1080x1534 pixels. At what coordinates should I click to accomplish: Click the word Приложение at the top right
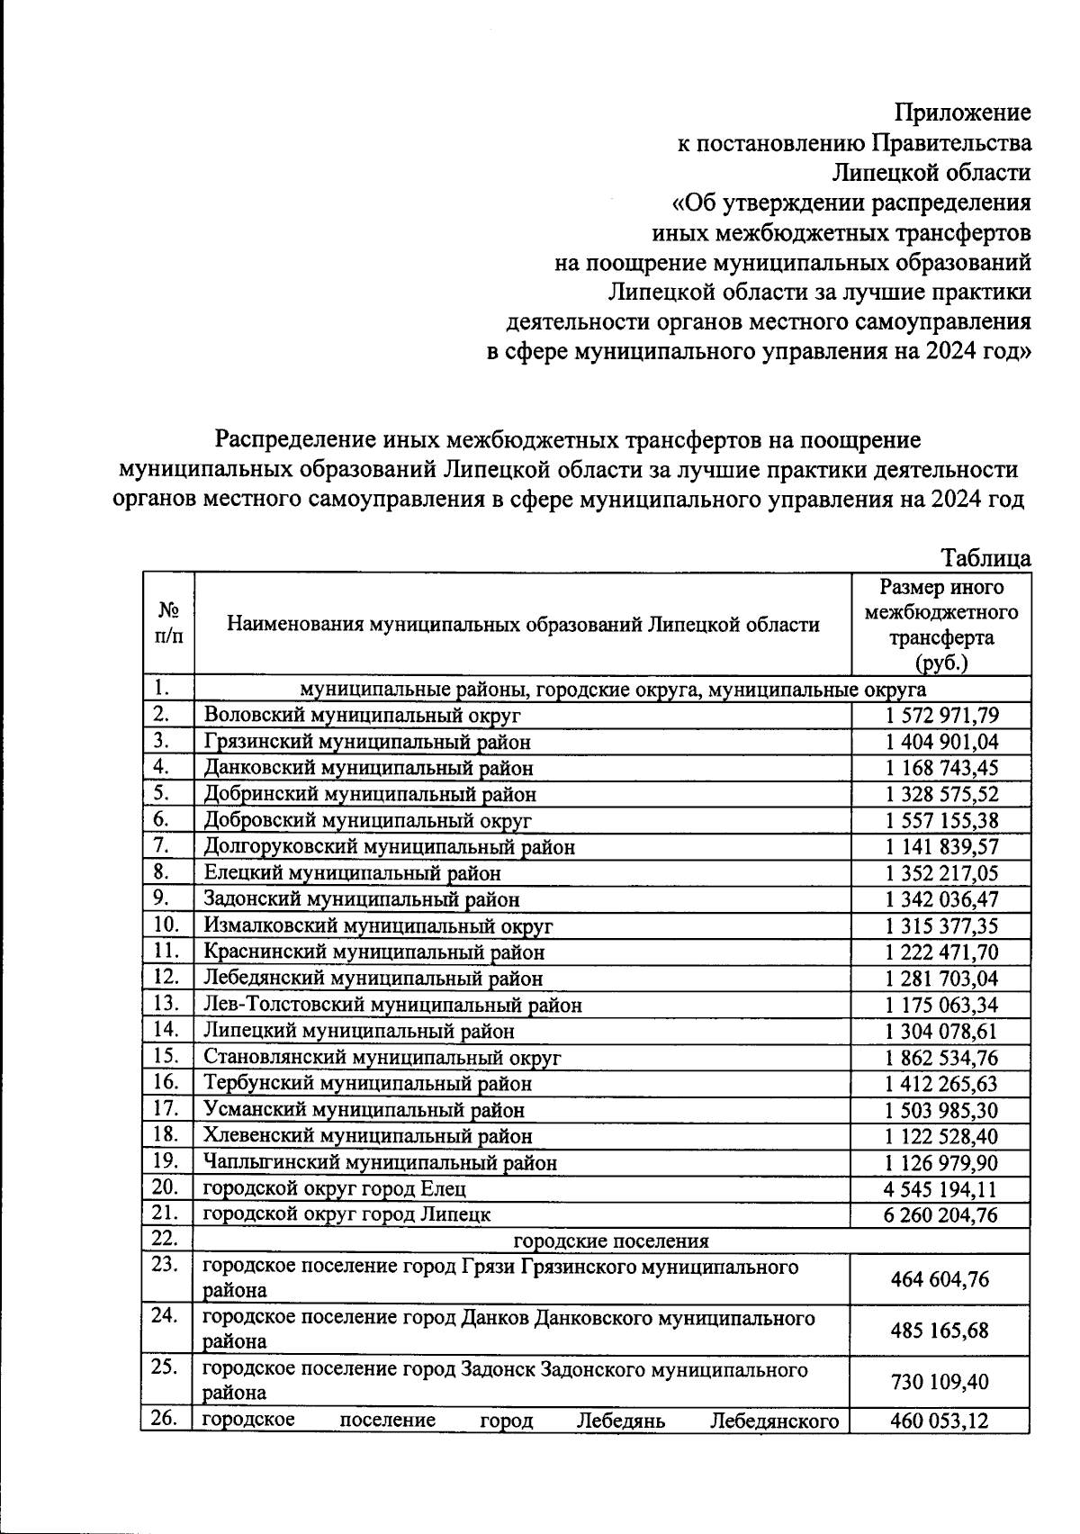[x=962, y=113]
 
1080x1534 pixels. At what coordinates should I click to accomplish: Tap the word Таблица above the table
[x=985, y=558]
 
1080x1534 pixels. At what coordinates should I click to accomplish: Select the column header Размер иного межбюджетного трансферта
[x=941, y=625]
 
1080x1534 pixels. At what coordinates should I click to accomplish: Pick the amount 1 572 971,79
[x=941, y=716]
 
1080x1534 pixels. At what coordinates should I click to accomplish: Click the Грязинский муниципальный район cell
[x=367, y=742]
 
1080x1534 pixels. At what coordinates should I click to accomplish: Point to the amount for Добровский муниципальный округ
[x=941, y=820]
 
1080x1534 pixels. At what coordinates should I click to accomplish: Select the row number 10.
[x=166, y=925]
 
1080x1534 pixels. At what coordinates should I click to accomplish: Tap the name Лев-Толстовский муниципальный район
[x=392, y=1005]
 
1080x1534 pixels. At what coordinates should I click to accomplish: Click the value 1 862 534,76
[x=941, y=1058]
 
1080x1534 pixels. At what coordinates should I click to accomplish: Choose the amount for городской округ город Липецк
[x=941, y=1215]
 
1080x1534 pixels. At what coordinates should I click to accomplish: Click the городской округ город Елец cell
[x=335, y=1188]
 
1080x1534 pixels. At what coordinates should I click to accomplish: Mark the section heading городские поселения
[x=611, y=1241]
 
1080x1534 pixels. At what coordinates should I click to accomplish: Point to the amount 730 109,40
[x=940, y=1382]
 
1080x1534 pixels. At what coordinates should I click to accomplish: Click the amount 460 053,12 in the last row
[x=940, y=1421]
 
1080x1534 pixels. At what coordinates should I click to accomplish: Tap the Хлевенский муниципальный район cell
[x=367, y=1136]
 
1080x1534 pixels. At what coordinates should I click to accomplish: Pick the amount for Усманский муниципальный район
[x=941, y=1110]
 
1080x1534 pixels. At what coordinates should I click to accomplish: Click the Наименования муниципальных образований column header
[x=523, y=624]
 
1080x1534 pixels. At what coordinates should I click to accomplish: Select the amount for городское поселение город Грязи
[x=940, y=1279]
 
